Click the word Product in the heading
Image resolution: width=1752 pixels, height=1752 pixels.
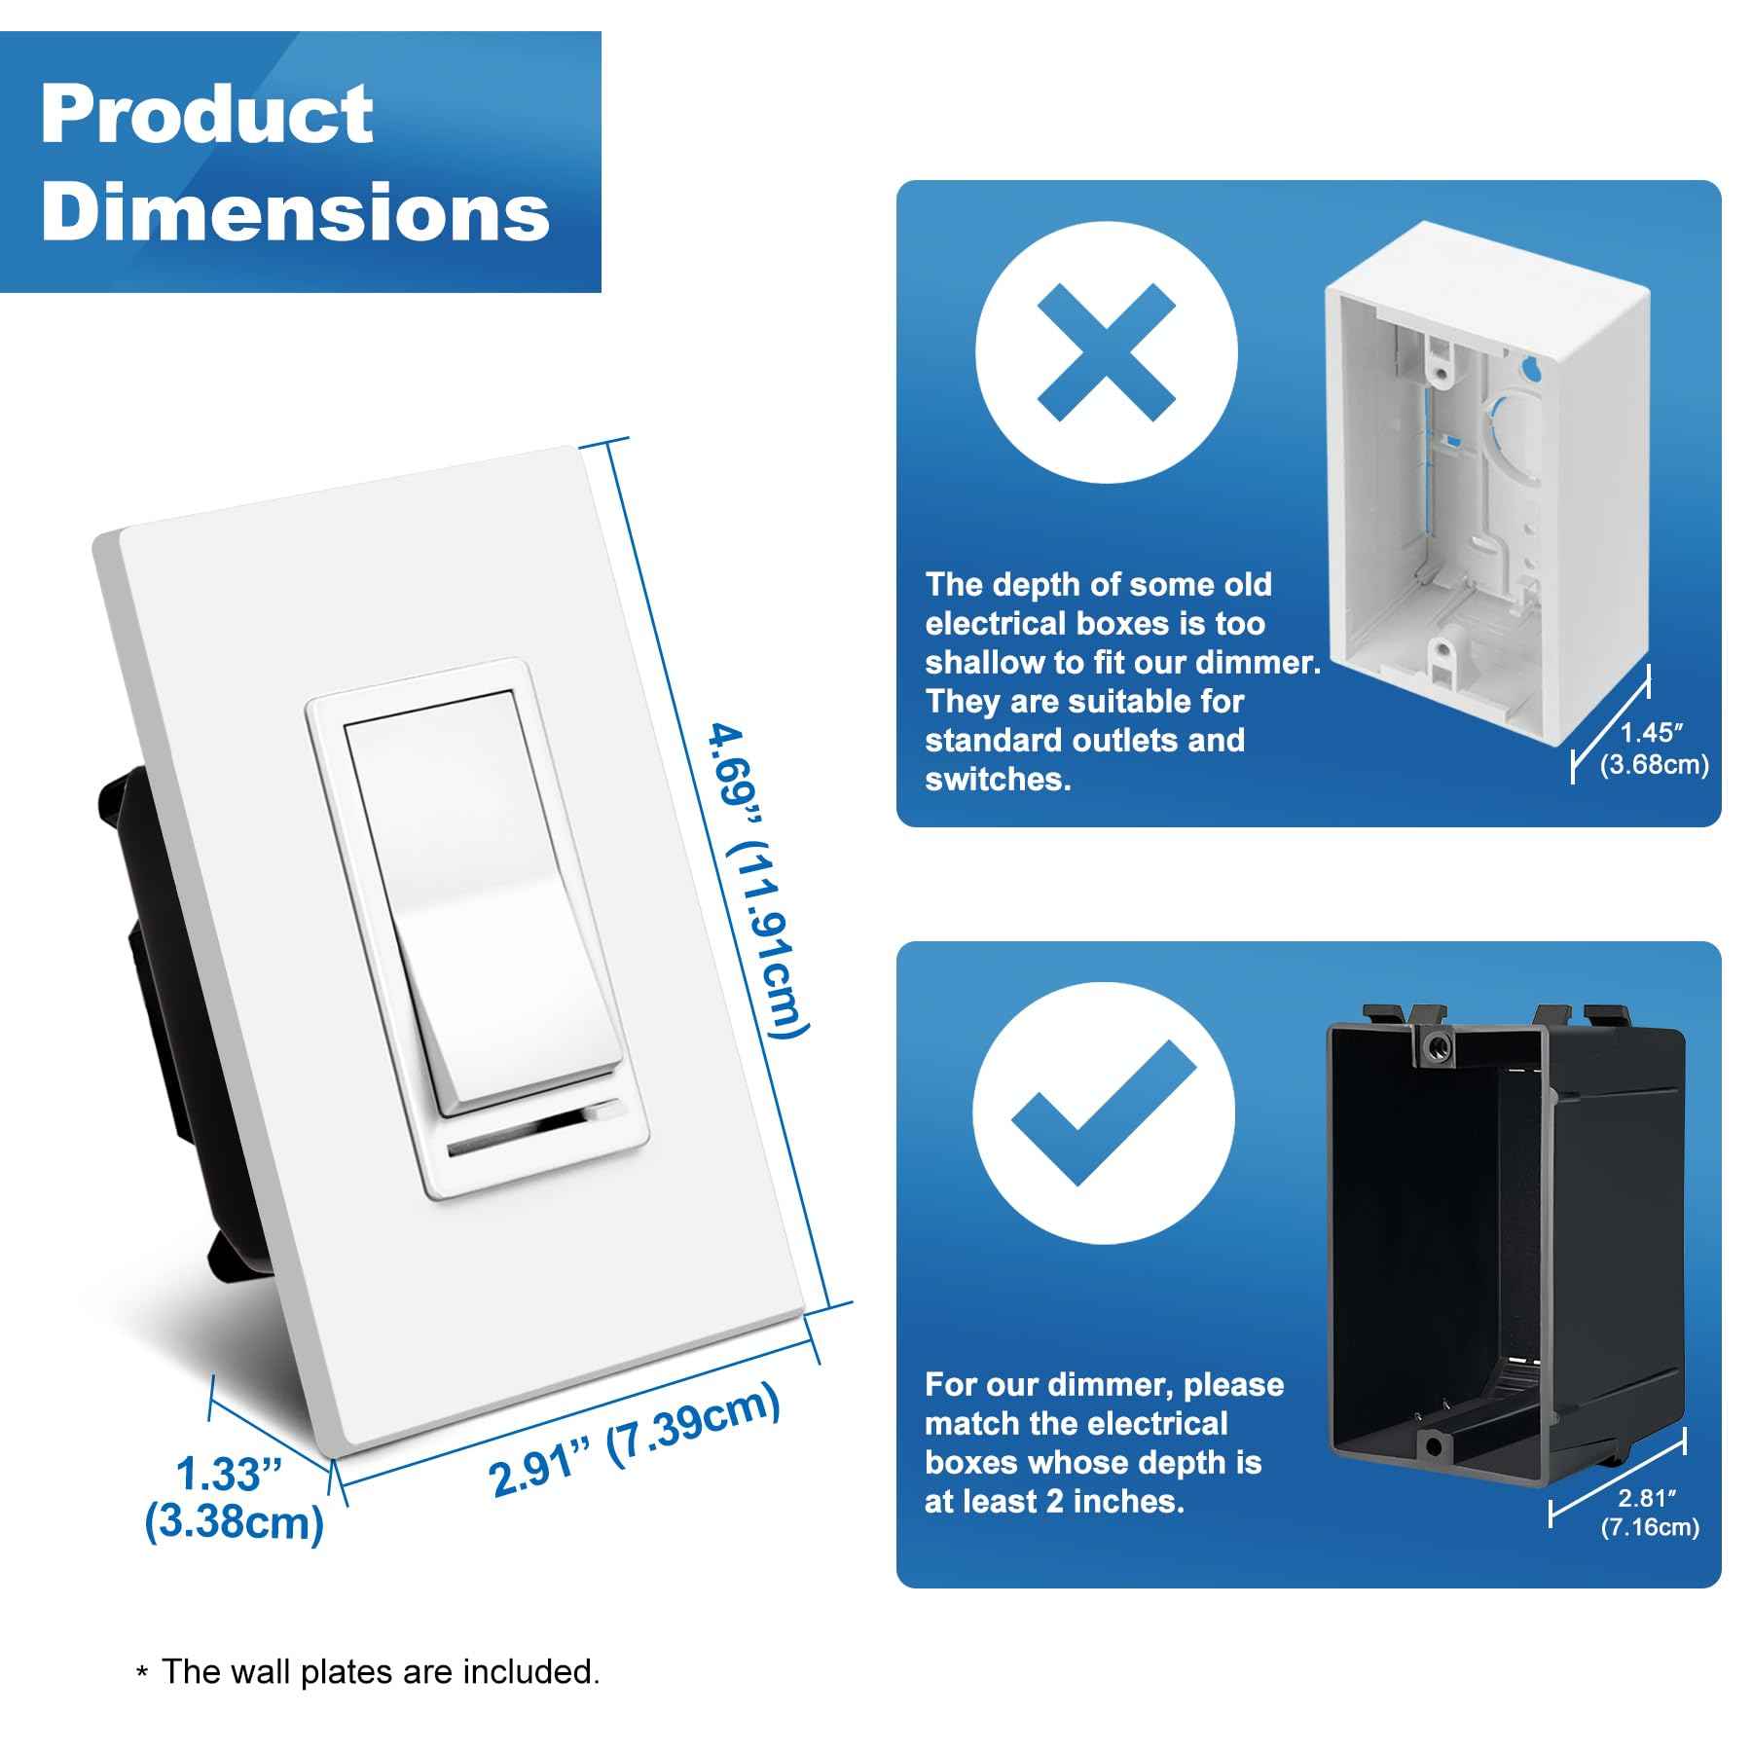click(206, 115)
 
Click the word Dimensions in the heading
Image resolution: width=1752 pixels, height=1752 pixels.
click(295, 212)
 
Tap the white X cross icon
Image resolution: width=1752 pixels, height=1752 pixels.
click(1107, 352)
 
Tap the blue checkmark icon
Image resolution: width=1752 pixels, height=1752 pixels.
click(1105, 1113)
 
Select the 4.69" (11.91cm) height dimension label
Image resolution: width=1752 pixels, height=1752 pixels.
click(757, 881)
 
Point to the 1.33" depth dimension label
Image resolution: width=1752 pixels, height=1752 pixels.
click(230, 1475)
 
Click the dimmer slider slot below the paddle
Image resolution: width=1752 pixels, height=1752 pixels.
click(533, 1134)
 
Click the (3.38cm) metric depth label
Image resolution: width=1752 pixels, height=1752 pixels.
click(234, 1522)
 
